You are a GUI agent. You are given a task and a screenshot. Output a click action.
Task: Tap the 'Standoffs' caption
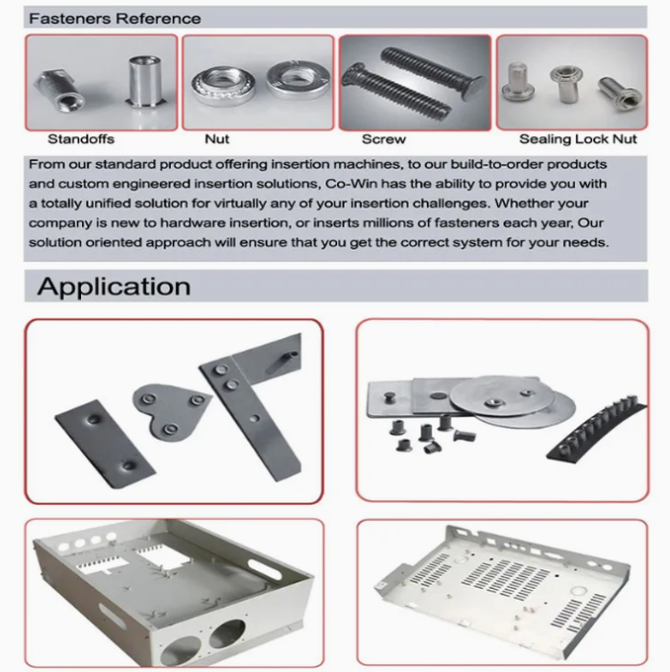click(x=80, y=140)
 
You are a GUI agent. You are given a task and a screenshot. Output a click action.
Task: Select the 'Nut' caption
click(x=216, y=140)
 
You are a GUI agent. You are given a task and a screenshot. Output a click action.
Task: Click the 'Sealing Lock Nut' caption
click(x=577, y=140)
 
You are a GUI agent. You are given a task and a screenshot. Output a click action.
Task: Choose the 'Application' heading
click(x=114, y=287)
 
